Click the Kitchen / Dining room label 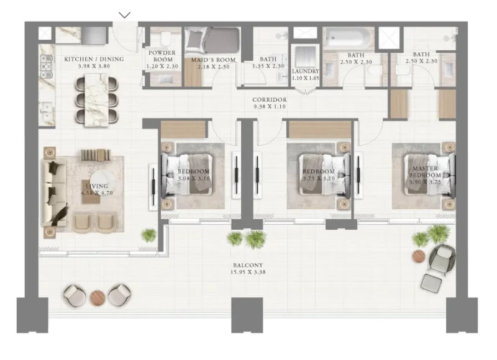pos(94,59)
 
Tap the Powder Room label pos(161,56)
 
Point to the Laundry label pos(305,71)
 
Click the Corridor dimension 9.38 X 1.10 pos(269,106)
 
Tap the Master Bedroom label pos(424,172)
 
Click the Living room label pos(98,186)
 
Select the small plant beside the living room pos(149,235)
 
